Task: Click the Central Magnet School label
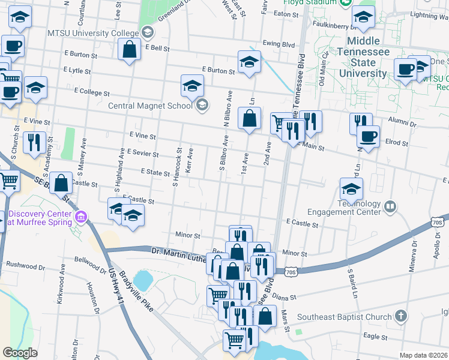coord(149,106)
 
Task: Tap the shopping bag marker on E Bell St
coord(130,50)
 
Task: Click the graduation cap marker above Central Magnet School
coord(192,87)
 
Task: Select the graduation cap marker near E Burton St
coord(249,61)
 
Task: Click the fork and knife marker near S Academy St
coord(33,142)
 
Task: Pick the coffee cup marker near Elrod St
coord(368,136)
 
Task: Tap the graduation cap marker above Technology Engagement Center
coord(351,189)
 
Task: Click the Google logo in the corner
coord(20,353)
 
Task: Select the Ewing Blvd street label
coord(279,44)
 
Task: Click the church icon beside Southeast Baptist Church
coord(401,316)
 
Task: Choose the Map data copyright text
coord(424,355)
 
